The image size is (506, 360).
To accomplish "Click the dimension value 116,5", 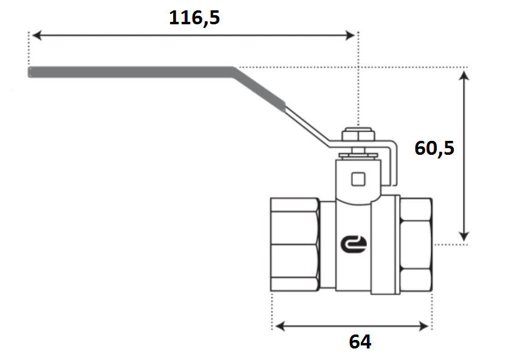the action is (x=194, y=18).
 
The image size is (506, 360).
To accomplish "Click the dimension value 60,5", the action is (x=434, y=148).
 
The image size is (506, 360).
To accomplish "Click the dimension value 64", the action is (x=360, y=342).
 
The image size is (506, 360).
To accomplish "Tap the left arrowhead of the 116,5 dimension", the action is (x=37, y=35).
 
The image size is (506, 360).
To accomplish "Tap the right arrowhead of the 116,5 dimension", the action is (x=350, y=35).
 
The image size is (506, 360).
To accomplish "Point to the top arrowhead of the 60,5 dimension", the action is (x=463, y=76).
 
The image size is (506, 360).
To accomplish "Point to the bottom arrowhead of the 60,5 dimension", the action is (x=463, y=236).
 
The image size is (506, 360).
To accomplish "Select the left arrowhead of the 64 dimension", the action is (x=281, y=326).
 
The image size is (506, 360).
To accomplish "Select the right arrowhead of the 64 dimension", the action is (x=423, y=326).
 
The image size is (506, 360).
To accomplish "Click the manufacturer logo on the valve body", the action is (x=354, y=244).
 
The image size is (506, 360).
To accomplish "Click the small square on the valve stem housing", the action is (x=358, y=179).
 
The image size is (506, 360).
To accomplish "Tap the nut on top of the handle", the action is (x=358, y=134).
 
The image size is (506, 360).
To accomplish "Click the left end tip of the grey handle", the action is (x=29, y=72).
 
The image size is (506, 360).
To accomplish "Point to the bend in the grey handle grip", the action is (x=233, y=72).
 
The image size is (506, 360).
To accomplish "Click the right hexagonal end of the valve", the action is (x=416, y=245).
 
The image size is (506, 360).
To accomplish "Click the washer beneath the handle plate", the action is (x=358, y=155).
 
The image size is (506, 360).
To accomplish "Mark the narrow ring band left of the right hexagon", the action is (x=397, y=245).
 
